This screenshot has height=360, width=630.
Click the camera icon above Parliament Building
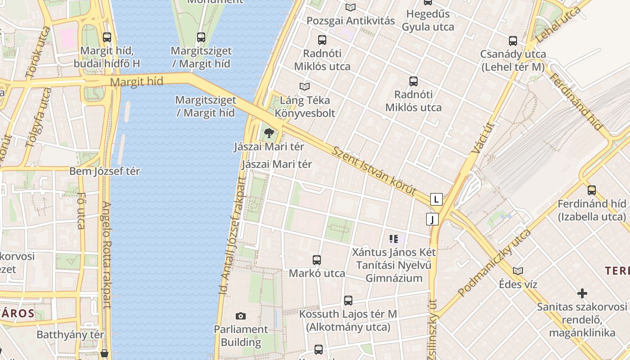pyautogui.click(x=241, y=316)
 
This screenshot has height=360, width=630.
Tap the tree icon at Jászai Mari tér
pyautogui.click(x=269, y=133)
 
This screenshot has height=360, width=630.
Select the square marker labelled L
pyautogui.click(x=436, y=199)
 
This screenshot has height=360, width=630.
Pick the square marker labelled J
pyautogui.click(x=432, y=219)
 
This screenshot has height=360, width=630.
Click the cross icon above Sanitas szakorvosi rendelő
pyautogui.click(x=582, y=294)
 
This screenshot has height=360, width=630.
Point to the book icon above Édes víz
pyautogui.click(x=518, y=271)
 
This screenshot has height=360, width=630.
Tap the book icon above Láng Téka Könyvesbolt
pyautogui.click(x=305, y=86)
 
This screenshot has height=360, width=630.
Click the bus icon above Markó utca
pyautogui.click(x=317, y=260)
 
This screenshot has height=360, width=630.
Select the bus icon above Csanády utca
pyautogui.click(x=513, y=41)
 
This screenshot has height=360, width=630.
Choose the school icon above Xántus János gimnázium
pyautogui.click(x=394, y=239)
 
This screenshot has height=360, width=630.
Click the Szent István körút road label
pyautogui.click(x=374, y=171)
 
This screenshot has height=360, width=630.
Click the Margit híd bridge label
pyautogui.click(x=136, y=82)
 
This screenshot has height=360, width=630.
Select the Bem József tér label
pyautogui.click(x=104, y=171)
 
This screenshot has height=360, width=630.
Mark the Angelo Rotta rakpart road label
pyautogui.click(x=107, y=254)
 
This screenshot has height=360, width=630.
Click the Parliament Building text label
pyautogui.click(x=241, y=336)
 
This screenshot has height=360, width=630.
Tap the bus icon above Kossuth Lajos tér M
pyautogui.click(x=348, y=300)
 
